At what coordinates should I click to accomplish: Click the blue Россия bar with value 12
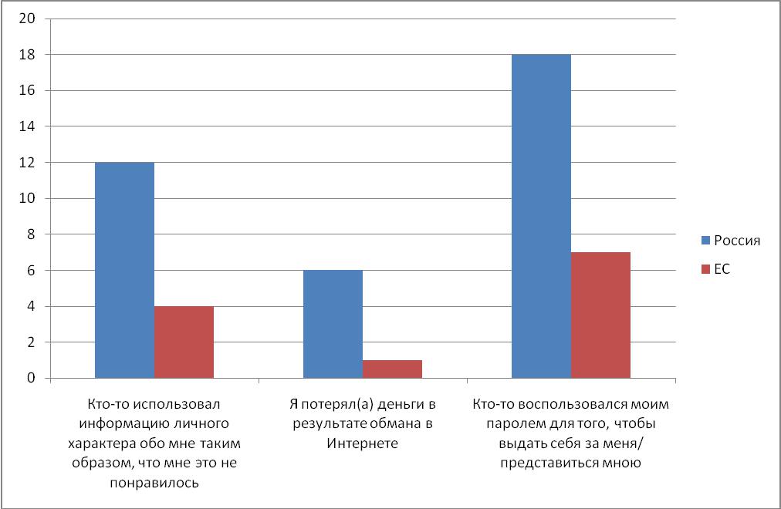124,270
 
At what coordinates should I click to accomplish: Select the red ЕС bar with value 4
184,342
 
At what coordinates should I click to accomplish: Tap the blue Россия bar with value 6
333,324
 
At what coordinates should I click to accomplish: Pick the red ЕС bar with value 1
392,369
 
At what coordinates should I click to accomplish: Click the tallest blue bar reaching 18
541,216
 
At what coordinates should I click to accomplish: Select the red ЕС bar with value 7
600,315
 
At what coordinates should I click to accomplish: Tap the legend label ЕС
721,270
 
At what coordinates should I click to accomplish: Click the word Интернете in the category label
362,443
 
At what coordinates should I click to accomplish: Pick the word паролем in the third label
525,423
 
